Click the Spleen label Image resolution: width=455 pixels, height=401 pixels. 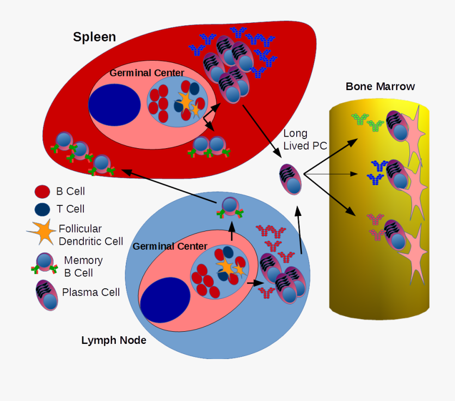pos(94,37)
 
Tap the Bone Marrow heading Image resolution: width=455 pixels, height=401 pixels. pos(380,86)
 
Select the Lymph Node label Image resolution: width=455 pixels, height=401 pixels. pos(114,340)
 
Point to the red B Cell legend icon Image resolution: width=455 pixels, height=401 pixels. pos(42,192)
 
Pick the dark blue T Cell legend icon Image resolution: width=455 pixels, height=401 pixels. pos(42,209)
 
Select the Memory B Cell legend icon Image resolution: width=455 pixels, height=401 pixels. pos(44,266)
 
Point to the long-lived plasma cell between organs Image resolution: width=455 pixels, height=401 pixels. pos(291,179)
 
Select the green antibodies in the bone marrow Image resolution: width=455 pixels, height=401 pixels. pos(368,122)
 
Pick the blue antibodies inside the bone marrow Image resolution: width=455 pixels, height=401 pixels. pos(376,172)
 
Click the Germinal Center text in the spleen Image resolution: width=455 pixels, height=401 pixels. pos(147,73)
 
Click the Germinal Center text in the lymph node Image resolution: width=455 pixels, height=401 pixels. pos(170,246)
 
